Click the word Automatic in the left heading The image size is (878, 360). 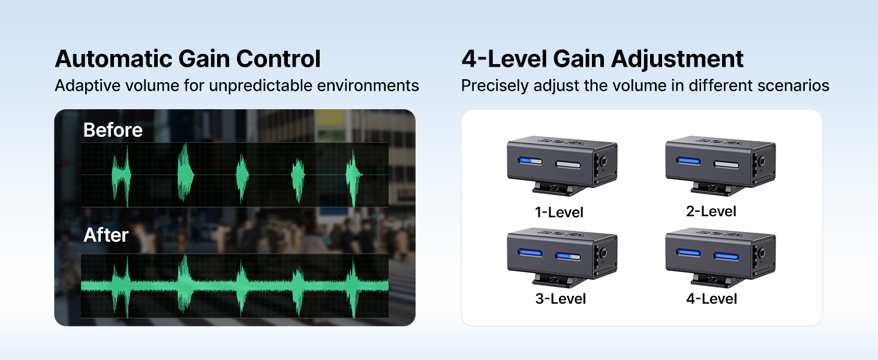pyautogui.click(x=114, y=59)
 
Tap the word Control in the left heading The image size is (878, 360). pyautogui.click(x=278, y=59)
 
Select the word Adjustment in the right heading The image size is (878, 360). pyautogui.click(x=677, y=59)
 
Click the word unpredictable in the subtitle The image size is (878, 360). pyautogui.click(x=260, y=86)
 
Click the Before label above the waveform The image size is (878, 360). pyautogui.click(x=113, y=130)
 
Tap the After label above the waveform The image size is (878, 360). pyautogui.click(x=106, y=235)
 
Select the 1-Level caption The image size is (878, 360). pyautogui.click(x=559, y=212)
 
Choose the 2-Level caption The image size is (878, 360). pyautogui.click(x=711, y=211)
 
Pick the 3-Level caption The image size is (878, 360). pyautogui.click(x=561, y=299)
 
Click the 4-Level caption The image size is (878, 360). pyautogui.click(x=711, y=299)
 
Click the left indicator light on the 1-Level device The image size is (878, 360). pyautogui.click(x=530, y=161)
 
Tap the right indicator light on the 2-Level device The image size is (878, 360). pyautogui.click(x=726, y=164)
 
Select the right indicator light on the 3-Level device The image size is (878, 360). pyautogui.click(x=568, y=256)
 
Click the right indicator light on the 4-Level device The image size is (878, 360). pyautogui.click(x=726, y=256)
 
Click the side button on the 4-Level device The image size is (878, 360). pyautogui.click(x=762, y=253)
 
